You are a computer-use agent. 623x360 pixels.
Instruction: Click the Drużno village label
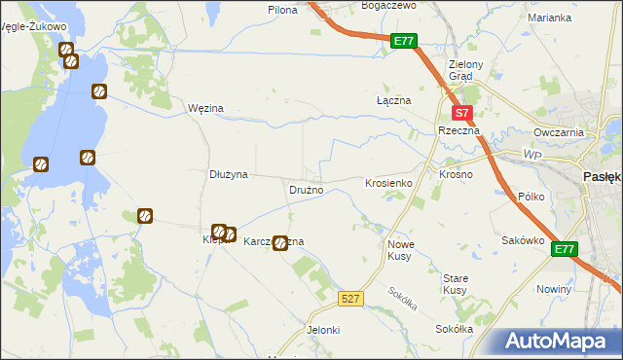click(x=306, y=189)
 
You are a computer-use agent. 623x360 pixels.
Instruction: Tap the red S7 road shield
click(x=464, y=113)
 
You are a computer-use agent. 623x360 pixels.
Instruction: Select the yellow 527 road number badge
click(x=352, y=299)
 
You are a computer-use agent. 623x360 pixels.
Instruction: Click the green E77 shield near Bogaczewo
click(x=405, y=42)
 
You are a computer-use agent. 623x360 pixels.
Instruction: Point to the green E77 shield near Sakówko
click(x=564, y=250)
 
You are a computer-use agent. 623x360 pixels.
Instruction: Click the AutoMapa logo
click(x=558, y=342)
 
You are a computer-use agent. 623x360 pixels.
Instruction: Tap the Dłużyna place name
click(x=230, y=174)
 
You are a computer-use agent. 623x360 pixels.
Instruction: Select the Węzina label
click(x=205, y=107)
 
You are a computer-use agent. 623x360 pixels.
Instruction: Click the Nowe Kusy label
click(x=402, y=250)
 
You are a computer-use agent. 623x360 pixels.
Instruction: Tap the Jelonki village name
click(x=323, y=330)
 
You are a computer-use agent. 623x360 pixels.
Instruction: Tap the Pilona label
click(x=282, y=9)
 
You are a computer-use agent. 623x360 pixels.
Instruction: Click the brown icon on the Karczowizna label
click(x=280, y=242)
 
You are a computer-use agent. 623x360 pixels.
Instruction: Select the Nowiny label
click(x=554, y=290)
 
